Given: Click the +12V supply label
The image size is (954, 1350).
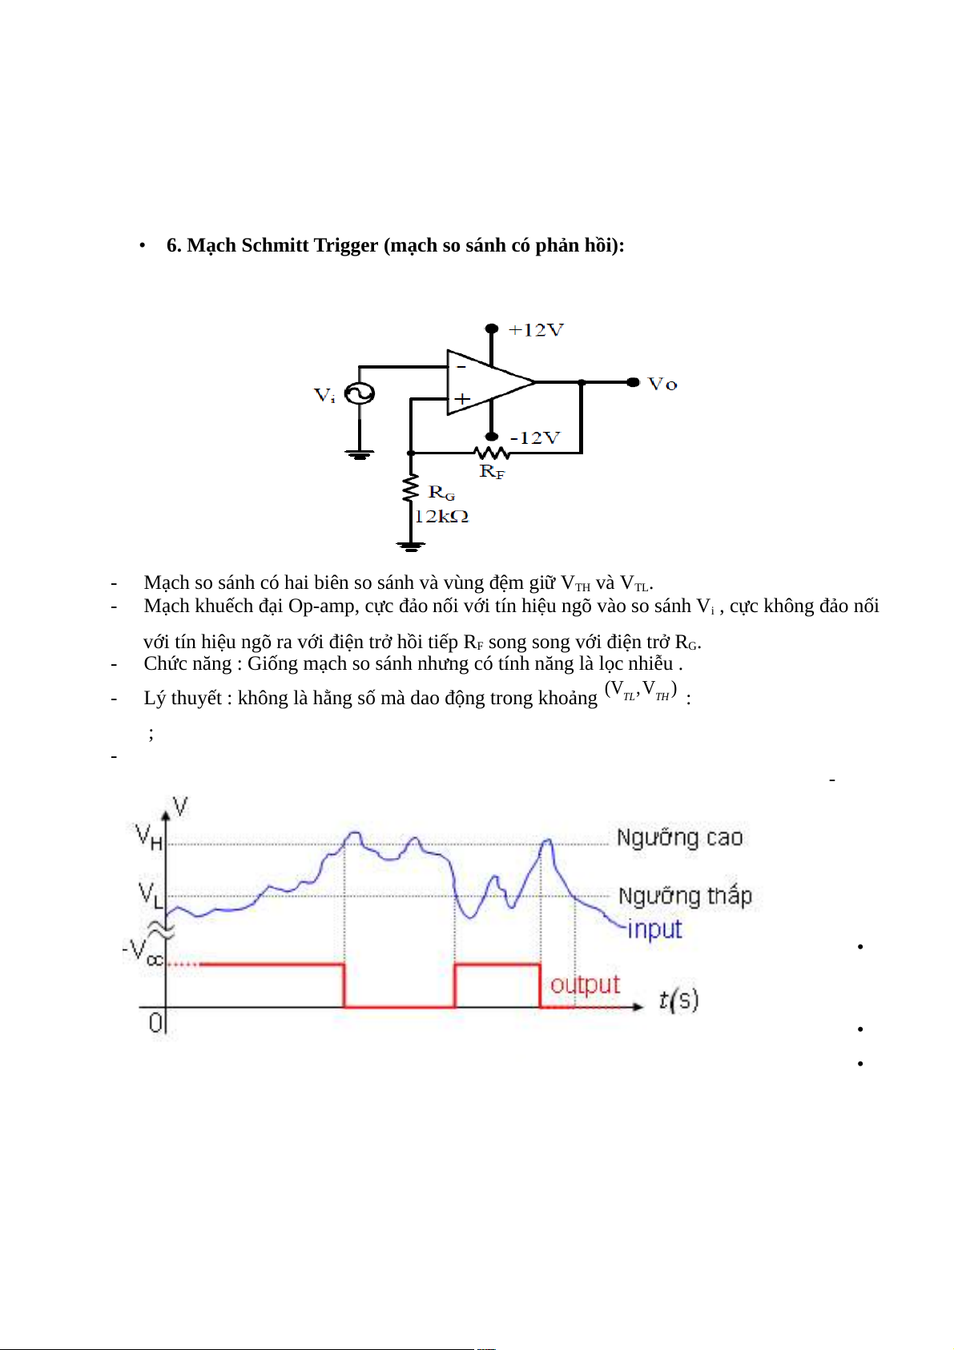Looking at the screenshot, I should pos(536,330).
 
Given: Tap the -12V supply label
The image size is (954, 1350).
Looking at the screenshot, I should pos(535,438).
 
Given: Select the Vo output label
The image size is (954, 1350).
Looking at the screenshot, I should pos(662,385).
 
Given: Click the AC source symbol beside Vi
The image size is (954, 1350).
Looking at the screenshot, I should pos(360,394).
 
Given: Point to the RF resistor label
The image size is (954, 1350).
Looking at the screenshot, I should pos(492,472).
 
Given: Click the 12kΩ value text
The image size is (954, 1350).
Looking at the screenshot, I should pos(441,517).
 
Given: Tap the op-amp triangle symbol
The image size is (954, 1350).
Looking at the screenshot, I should pos(485,383).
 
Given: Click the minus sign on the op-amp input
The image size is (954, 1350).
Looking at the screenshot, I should pos(461,367).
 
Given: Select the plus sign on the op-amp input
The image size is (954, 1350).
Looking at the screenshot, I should pos(462,398).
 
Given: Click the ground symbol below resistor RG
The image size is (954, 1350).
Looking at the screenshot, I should pos(410,546).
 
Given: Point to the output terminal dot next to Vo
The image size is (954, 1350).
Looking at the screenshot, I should pos(633,382).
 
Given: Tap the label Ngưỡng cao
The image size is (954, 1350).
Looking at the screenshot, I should pos(679,838).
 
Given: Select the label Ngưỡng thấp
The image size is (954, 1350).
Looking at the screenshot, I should pos(685,896).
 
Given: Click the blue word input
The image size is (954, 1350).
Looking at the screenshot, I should pos(654,929).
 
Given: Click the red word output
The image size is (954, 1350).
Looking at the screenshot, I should pos(585,984).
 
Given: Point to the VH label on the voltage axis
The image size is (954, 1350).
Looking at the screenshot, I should pos(149,837).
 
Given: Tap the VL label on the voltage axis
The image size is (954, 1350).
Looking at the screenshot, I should pos(150,893).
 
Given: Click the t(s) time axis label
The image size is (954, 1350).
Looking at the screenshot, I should pos(678,999).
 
